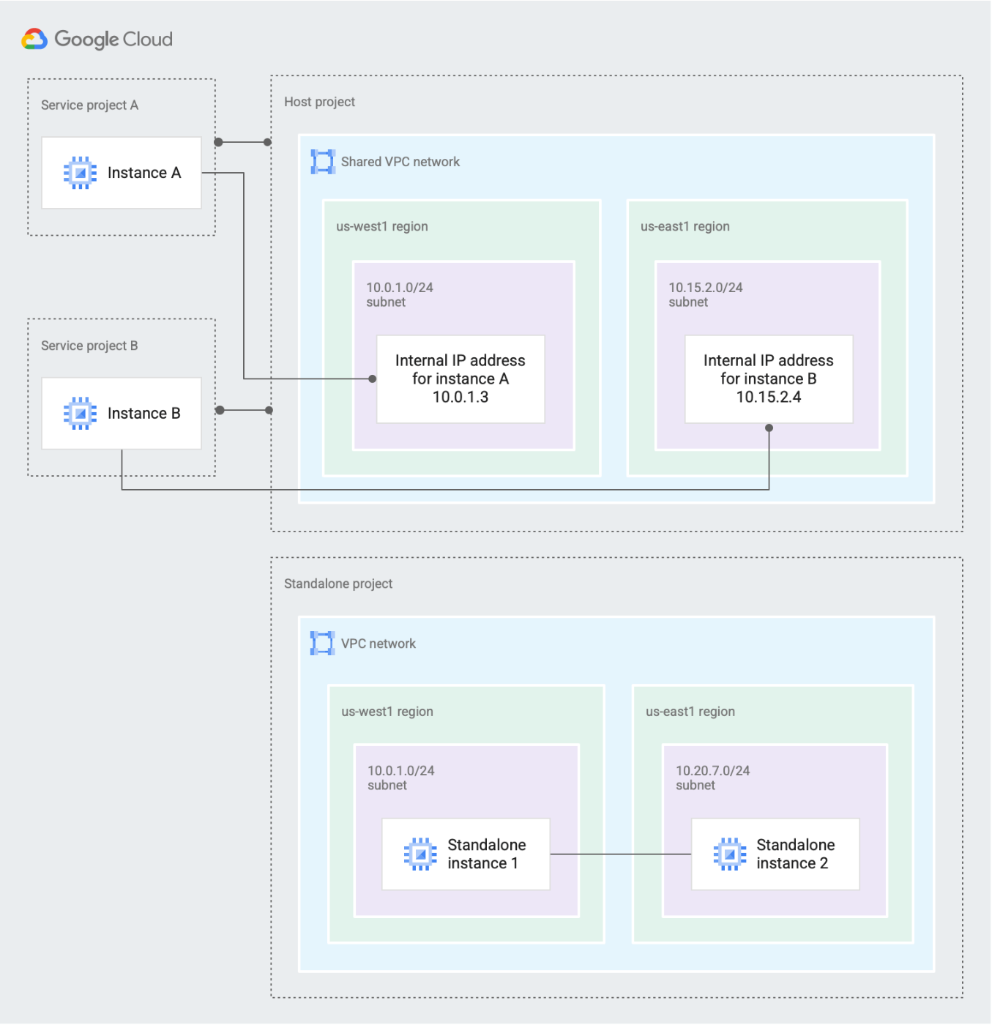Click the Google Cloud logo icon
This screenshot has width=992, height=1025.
pyautogui.click(x=34, y=39)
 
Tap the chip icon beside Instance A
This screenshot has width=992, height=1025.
pyautogui.click(x=80, y=173)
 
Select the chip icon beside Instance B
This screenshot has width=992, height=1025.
pyautogui.click(x=80, y=414)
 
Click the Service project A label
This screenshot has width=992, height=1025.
pyautogui.click(x=89, y=105)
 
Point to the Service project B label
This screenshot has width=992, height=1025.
pyautogui.click(x=89, y=346)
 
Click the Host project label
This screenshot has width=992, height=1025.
pyautogui.click(x=319, y=102)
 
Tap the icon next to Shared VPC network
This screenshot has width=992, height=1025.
pyautogui.click(x=323, y=162)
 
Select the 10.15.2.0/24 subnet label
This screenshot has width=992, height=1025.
pyautogui.click(x=706, y=294)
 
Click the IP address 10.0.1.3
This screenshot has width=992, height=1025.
pyautogui.click(x=460, y=397)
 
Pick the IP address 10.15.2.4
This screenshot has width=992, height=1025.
pyautogui.click(x=769, y=397)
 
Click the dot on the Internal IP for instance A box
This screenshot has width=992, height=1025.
pyautogui.click(x=373, y=379)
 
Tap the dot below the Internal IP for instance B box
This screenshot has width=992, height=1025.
pyautogui.click(x=769, y=428)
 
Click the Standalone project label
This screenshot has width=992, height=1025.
pyautogui.click(x=338, y=584)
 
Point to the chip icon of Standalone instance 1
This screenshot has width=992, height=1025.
pyautogui.click(x=420, y=854)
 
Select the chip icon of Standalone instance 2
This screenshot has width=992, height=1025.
pyautogui.click(x=730, y=854)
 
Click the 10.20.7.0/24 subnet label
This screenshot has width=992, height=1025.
pyautogui.click(x=713, y=778)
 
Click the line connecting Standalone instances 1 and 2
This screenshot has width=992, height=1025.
pyautogui.click(x=621, y=854)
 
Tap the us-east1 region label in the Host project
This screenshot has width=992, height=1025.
pyautogui.click(x=685, y=226)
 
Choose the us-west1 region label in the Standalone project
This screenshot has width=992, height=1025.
pyautogui.click(x=387, y=712)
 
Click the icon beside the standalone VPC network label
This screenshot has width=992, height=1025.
pyautogui.click(x=322, y=643)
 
